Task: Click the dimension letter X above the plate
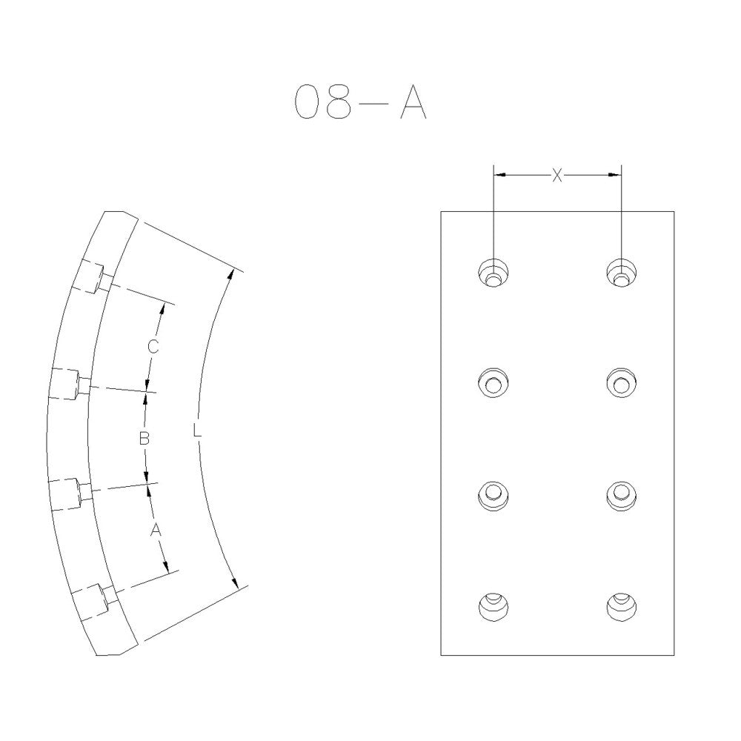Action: (x=558, y=176)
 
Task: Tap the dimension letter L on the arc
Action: (x=198, y=431)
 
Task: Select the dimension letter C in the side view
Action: (x=153, y=347)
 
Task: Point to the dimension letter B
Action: (x=144, y=439)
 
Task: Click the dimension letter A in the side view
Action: (x=156, y=531)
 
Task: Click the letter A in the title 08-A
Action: (x=413, y=102)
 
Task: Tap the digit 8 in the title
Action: (x=339, y=102)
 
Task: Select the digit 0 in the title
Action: (x=308, y=102)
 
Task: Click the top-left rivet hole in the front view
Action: (x=494, y=273)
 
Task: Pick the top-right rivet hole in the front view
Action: (x=622, y=273)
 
